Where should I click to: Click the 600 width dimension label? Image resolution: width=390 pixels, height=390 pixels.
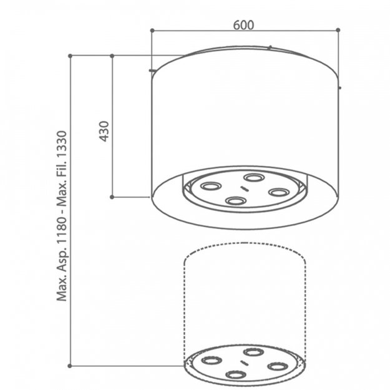click(x=243, y=25)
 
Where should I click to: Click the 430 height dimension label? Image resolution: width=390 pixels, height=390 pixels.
click(x=104, y=131)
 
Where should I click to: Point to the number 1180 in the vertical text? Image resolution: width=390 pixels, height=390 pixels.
click(x=62, y=228)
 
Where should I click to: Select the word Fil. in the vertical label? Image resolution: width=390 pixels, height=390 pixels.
click(x=62, y=172)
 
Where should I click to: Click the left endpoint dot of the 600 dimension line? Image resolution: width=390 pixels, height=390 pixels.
click(x=152, y=31)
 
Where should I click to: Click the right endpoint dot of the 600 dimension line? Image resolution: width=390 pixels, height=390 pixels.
click(x=338, y=30)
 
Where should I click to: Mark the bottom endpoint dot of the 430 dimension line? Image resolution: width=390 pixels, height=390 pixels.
click(x=112, y=197)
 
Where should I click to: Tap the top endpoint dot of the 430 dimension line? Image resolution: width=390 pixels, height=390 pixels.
click(x=112, y=56)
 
